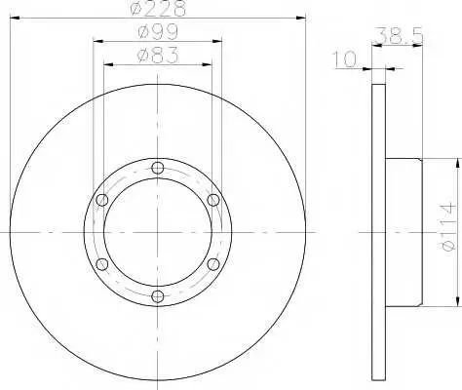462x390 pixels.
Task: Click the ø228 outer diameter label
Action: click(158, 8)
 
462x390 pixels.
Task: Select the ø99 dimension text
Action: click(158, 32)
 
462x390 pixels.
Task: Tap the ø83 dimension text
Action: click(158, 56)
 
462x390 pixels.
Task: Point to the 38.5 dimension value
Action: click(400, 35)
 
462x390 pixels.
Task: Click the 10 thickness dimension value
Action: click(344, 59)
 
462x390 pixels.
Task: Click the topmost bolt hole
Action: click(158, 168)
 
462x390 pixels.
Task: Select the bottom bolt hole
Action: click(158, 296)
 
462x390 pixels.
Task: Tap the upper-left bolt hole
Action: click(102, 200)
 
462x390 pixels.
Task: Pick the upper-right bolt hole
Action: click(213, 200)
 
